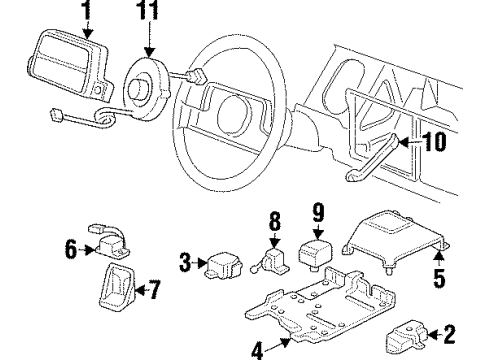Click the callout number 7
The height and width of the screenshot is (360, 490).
pyautogui.click(x=153, y=291)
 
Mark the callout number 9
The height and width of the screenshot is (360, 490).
pyautogui.click(x=317, y=212)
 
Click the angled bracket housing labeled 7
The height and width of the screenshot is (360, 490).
pyautogui.click(x=117, y=289)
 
